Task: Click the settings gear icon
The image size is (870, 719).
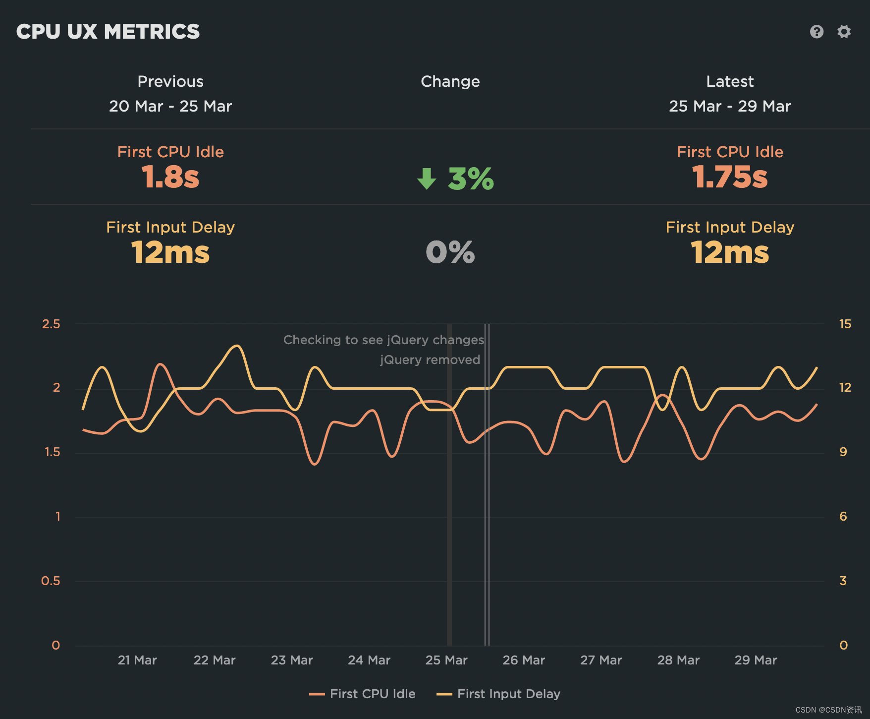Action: point(844,32)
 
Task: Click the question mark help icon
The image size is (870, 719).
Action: point(816,32)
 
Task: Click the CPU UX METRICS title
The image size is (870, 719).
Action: point(108,32)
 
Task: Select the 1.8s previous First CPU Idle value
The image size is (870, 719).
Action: point(170,177)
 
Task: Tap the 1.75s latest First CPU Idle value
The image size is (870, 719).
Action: point(730,177)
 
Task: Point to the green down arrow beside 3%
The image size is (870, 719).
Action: point(427,179)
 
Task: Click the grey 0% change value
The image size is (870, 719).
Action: point(450,252)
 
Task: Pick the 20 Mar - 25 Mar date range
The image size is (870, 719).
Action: point(170,106)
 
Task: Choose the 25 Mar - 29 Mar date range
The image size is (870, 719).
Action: point(730,106)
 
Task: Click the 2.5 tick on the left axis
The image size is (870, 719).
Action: point(51,324)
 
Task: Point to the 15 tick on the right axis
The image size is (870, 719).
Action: point(845,324)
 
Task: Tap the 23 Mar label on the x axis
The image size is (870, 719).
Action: point(292,660)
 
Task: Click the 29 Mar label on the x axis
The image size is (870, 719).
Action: point(756,660)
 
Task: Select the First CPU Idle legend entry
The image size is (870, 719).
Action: point(363,694)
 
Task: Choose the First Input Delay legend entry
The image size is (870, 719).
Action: point(498,694)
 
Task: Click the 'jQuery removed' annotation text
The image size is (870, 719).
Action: point(430,359)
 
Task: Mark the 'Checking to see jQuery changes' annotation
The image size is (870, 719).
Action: point(383,340)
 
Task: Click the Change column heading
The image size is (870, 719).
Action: point(450,81)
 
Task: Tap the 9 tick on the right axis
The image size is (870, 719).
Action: point(843,452)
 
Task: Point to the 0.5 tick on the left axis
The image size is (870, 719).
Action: point(51,581)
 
